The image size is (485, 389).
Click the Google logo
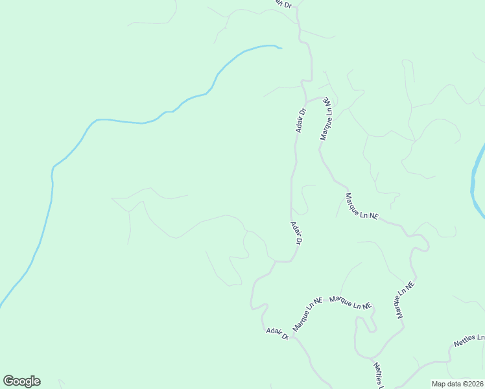pyautogui.click(x=22, y=381)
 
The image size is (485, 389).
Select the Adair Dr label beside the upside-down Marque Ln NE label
pyautogui.click(x=300, y=120)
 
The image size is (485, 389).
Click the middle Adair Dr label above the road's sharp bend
pyautogui.click(x=296, y=233)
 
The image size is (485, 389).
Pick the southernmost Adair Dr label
pyautogui.click(x=277, y=333)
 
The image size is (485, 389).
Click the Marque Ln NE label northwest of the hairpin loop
pyautogui.click(x=361, y=206)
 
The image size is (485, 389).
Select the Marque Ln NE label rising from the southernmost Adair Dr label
pyautogui.click(x=307, y=314)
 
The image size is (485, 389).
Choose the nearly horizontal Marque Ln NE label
pyautogui.click(x=350, y=302)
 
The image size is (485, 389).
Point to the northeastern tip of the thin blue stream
pyautogui.click(x=279, y=48)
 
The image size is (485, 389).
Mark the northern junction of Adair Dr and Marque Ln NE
pyautogui.click(x=307, y=101)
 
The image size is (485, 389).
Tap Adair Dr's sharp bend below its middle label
pyautogui.click(x=278, y=261)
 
